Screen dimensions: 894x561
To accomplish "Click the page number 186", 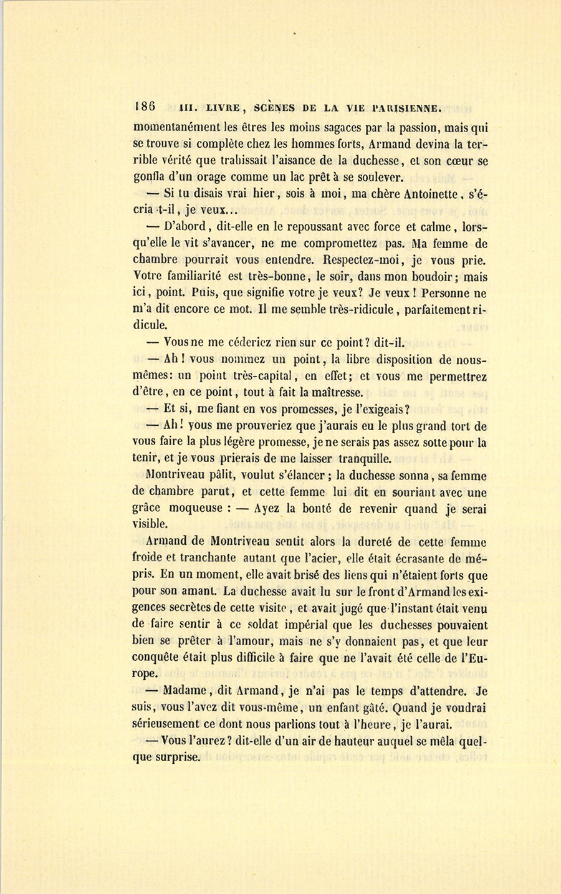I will coord(144,105).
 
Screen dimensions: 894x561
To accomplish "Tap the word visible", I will coord(150,525).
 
